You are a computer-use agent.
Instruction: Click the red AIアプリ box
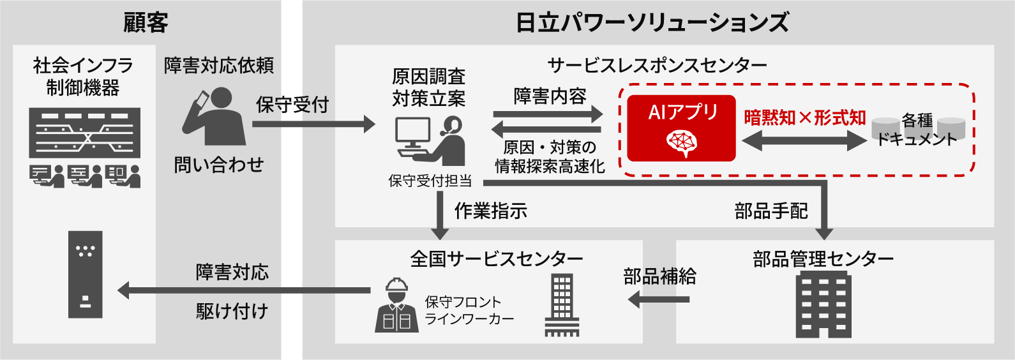coord(681,128)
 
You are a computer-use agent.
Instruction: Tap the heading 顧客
coord(146,22)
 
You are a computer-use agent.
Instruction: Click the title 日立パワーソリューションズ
coord(652,22)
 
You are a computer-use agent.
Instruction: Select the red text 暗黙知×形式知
coord(804,117)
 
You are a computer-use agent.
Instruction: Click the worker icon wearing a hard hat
coord(396,306)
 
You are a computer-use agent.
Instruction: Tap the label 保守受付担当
coord(430,181)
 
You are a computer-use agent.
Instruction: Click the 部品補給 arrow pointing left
coord(659,298)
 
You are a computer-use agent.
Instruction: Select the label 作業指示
coord(490,211)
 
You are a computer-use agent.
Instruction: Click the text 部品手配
coord(771,211)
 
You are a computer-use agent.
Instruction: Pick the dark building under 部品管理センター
coord(823,304)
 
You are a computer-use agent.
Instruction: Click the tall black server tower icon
coord(85,274)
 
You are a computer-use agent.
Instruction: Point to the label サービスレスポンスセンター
coord(657,65)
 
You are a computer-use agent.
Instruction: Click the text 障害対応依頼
coord(218,65)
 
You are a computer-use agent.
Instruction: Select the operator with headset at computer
coord(429,141)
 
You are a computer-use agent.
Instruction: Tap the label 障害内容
coord(550,96)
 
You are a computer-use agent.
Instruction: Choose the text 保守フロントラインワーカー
coord(469,310)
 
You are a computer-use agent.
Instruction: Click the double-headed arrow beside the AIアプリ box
coord(804,141)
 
